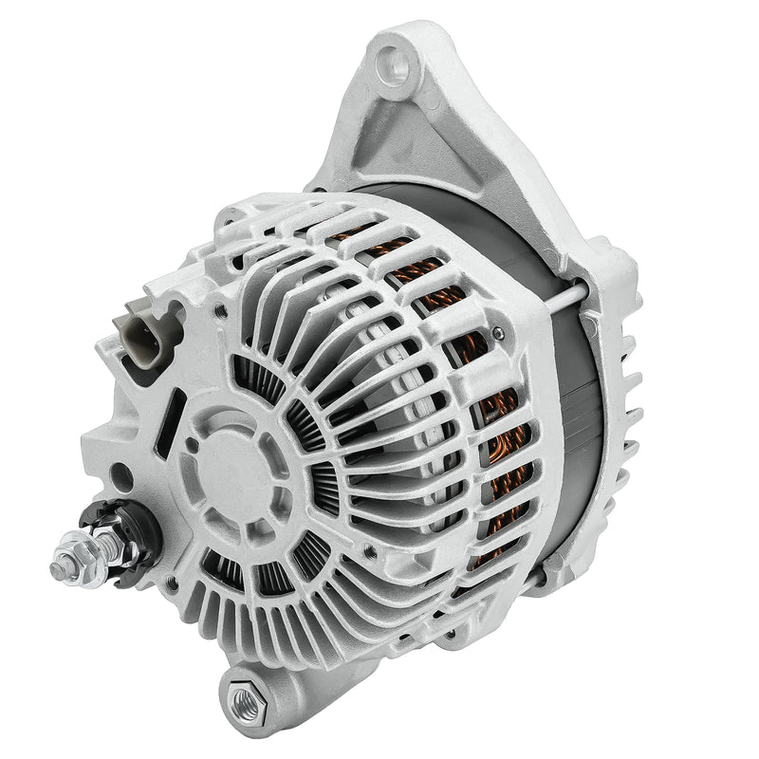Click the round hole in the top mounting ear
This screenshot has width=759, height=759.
(x=397, y=65)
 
